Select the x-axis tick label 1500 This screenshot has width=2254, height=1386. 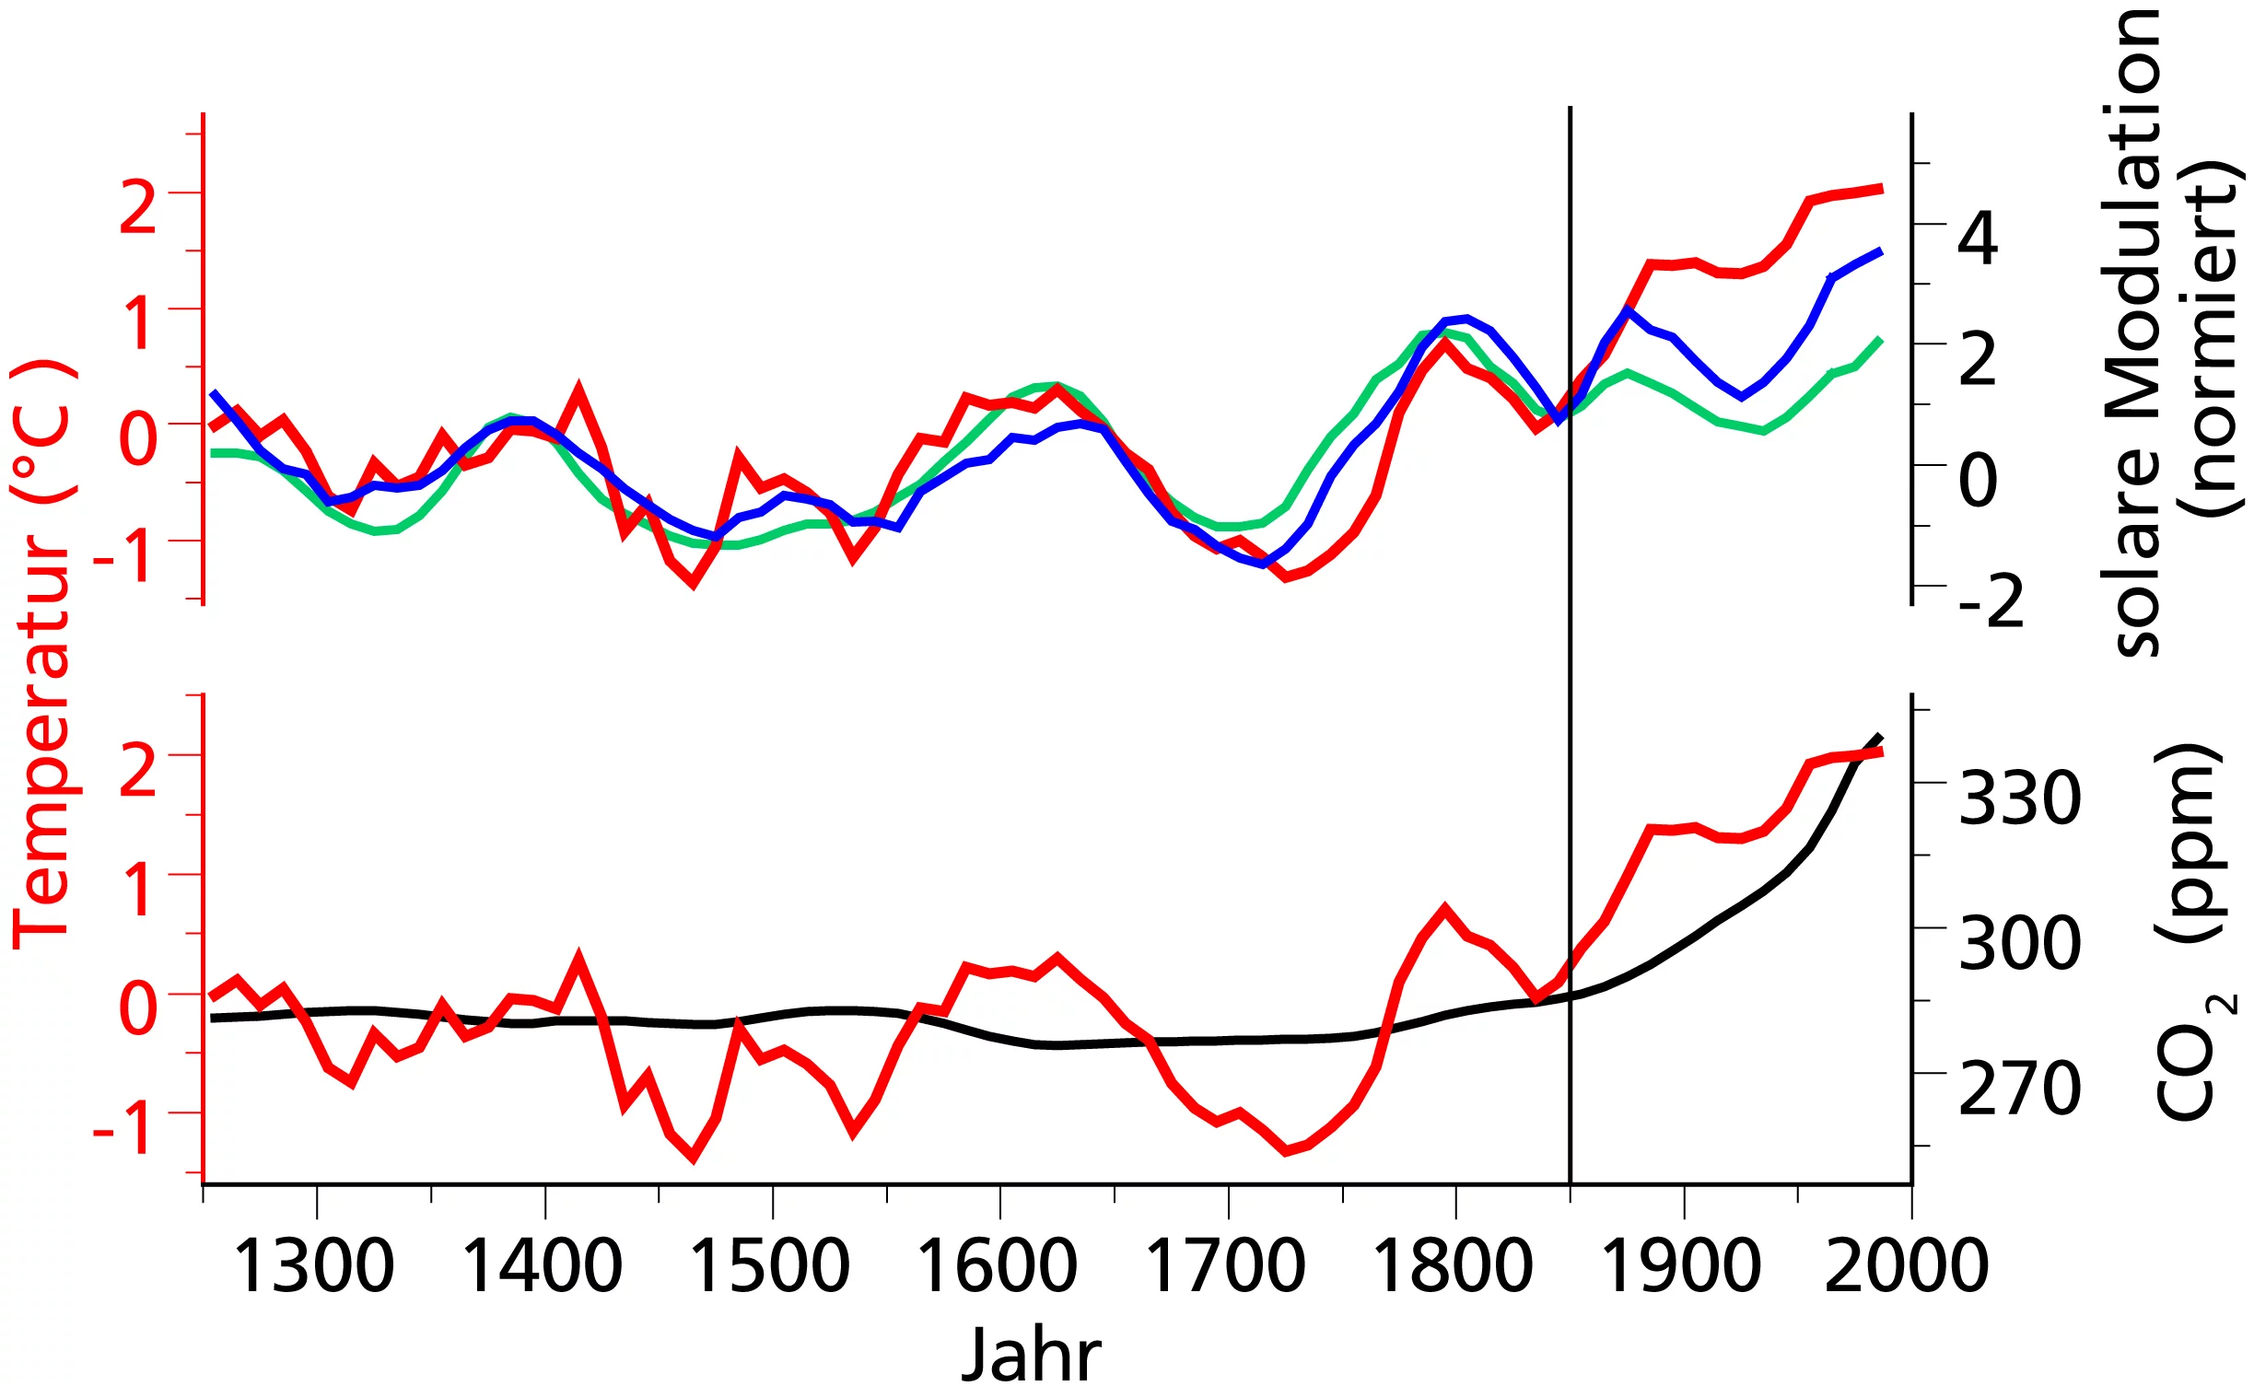pos(770,1266)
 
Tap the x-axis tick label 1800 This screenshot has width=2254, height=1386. pos(1454,1266)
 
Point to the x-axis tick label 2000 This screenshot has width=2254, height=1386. pos(1907,1266)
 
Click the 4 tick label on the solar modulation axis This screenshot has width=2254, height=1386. pos(1979,239)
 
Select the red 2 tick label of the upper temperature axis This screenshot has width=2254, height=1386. pos(138,207)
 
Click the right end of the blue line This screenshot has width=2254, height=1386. pos(1880,250)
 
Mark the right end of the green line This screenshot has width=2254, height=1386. pos(1880,340)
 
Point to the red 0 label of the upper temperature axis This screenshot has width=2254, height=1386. pos(138,438)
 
